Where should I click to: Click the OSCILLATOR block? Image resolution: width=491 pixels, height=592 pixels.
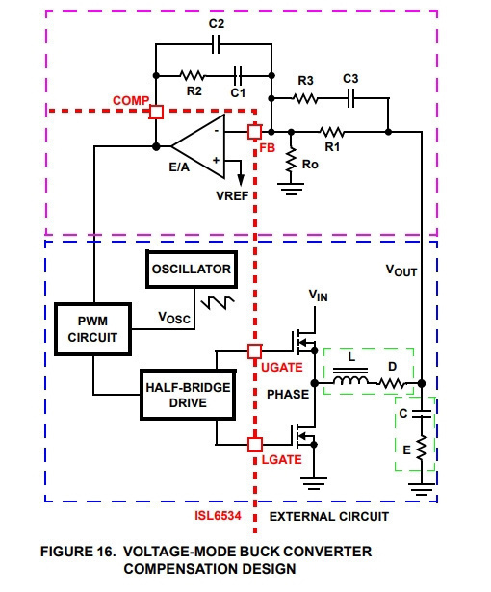click(192, 270)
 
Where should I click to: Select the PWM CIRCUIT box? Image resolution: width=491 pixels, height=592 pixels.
click(93, 329)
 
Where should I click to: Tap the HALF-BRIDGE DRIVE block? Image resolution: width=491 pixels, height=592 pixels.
click(188, 395)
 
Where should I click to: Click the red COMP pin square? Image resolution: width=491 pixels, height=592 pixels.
click(156, 112)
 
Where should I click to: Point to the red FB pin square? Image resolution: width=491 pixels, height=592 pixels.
click(254, 132)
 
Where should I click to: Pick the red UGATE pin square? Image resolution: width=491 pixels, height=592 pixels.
click(254, 351)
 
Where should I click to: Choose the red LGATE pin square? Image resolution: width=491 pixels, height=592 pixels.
click(255, 445)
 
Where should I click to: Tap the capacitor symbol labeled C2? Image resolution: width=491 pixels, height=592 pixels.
click(216, 44)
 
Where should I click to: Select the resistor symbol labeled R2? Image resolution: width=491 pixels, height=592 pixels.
click(193, 75)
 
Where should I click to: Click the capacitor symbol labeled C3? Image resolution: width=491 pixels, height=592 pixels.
click(350, 98)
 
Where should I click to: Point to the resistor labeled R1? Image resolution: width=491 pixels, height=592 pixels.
click(332, 132)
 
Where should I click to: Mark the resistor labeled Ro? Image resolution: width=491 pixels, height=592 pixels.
click(291, 161)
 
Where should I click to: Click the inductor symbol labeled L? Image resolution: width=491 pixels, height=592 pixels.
click(350, 377)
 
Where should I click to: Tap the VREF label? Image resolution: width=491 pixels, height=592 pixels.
click(232, 196)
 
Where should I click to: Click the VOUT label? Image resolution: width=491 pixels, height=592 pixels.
click(401, 270)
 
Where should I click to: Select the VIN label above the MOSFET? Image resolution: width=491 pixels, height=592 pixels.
click(318, 296)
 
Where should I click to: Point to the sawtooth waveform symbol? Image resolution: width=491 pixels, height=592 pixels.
click(218, 303)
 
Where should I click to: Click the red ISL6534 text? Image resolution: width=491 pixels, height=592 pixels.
click(218, 516)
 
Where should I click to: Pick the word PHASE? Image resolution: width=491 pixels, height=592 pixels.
click(288, 394)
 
